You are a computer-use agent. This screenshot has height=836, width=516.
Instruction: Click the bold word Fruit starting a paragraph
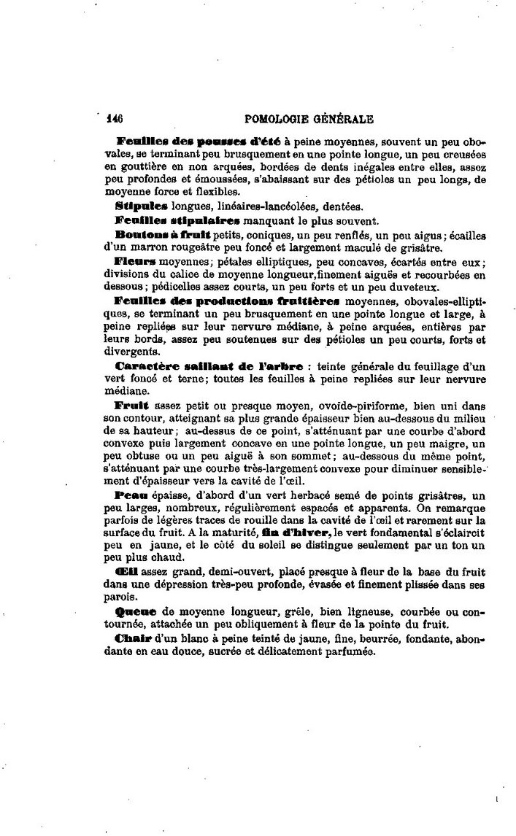132,405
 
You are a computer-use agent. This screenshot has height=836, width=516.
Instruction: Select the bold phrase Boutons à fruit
163,234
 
